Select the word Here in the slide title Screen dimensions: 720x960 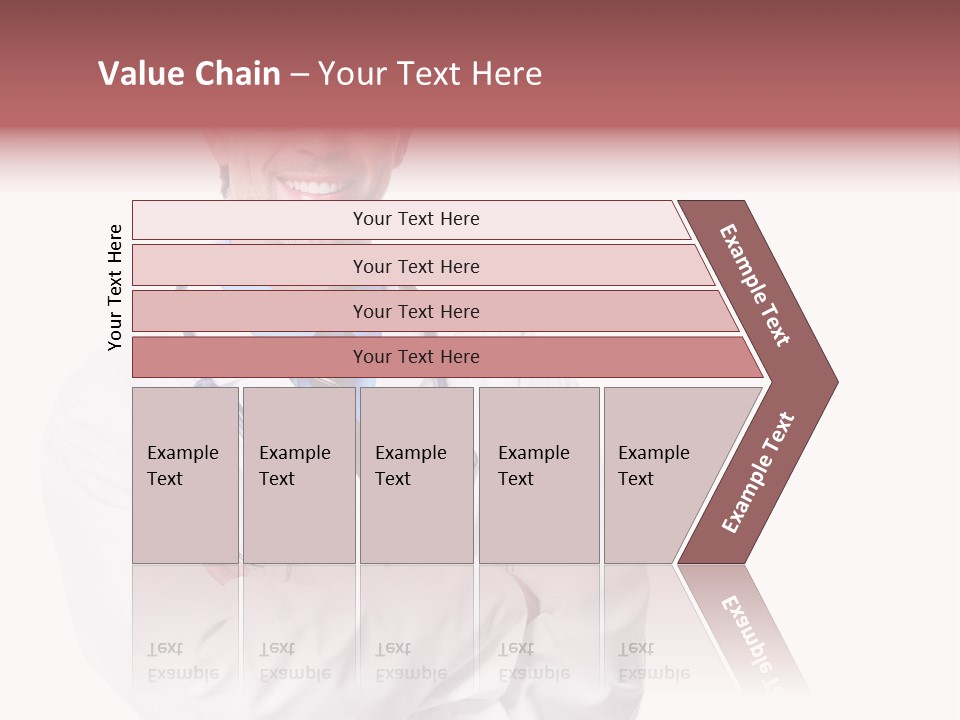(506, 74)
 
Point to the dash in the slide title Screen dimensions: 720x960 (299, 75)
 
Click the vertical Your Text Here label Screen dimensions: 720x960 (115, 287)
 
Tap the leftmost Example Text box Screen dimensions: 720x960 (185, 475)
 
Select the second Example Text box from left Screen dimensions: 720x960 (299, 475)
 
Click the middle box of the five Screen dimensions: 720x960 (416, 475)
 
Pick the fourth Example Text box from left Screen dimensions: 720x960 (539, 475)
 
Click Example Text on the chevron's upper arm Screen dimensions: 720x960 (755, 285)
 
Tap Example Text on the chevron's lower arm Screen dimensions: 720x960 (757, 472)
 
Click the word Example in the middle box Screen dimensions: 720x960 (410, 453)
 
